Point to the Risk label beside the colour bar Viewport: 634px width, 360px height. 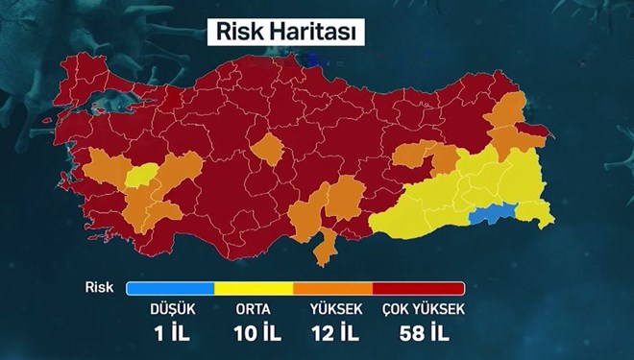100,287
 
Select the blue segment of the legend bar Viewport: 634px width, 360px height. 170,288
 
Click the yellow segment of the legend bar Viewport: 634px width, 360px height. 255,288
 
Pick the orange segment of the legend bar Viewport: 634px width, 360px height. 332,288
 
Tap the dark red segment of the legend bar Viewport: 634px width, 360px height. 418,288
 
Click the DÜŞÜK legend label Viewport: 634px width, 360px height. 169,309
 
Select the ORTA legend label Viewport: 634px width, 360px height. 253,309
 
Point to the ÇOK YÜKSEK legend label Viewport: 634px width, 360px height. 423,309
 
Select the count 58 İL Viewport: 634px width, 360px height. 423,333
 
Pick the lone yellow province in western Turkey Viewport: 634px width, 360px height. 143,174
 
